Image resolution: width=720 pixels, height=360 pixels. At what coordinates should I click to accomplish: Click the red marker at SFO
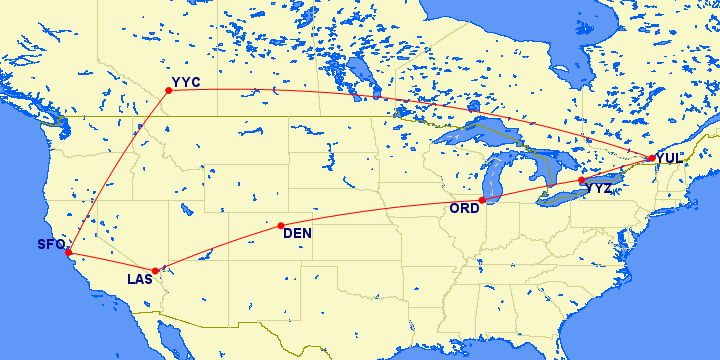pos(68,252)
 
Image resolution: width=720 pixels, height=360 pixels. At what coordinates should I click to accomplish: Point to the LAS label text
pos(140,279)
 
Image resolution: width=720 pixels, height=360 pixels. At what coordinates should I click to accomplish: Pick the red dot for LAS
pos(155,271)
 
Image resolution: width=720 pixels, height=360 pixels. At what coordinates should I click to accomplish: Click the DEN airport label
pos(297,234)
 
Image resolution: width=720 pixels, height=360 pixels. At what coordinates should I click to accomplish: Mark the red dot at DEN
pos(281,225)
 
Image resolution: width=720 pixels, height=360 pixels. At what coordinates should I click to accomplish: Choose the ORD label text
pos(465,209)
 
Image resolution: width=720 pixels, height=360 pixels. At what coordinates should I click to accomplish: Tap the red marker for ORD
pos(482,200)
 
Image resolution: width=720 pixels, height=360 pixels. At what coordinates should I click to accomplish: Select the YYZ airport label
pos(599,188)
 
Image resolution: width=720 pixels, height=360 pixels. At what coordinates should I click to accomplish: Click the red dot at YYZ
pos(582,180)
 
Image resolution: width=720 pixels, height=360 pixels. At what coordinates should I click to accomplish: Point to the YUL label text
pos(670,158)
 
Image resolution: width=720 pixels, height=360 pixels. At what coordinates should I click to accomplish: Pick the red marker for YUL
pos(651,158)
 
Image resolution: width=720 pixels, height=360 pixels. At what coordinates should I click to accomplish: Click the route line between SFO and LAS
pos(110,263)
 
